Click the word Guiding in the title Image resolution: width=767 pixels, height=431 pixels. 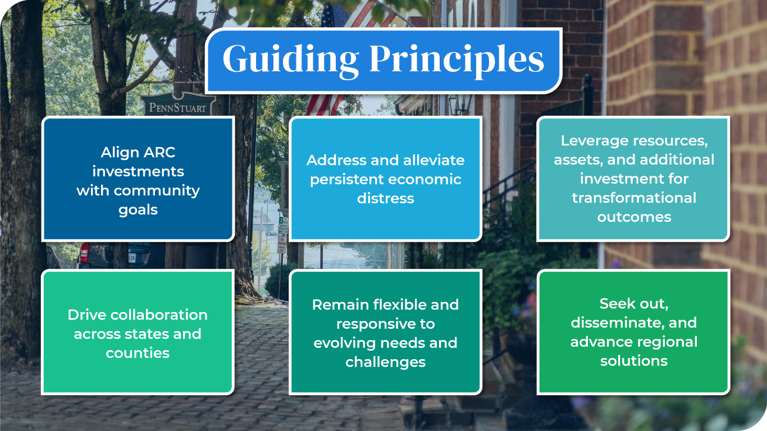[x=291, y=59]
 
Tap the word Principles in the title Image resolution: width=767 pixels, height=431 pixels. [x=457, y=59]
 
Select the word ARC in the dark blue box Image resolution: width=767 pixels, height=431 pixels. [x=159, y=152]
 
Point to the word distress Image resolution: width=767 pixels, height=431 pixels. [x=386, y=199]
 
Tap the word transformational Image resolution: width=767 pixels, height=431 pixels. [x=634, y=198]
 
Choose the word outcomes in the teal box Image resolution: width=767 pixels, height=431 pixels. [x=634, y=217]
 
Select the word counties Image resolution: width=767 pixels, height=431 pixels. [x=138, y=354]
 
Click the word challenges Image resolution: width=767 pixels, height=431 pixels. [x=386, y=363]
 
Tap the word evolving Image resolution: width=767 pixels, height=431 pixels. [x=341, y=343]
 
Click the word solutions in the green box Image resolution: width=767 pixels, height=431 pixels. [x=634, y=361]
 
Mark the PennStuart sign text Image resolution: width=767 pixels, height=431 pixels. [x=177, y=108]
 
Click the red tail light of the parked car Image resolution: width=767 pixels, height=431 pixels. [x=84, y=253]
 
